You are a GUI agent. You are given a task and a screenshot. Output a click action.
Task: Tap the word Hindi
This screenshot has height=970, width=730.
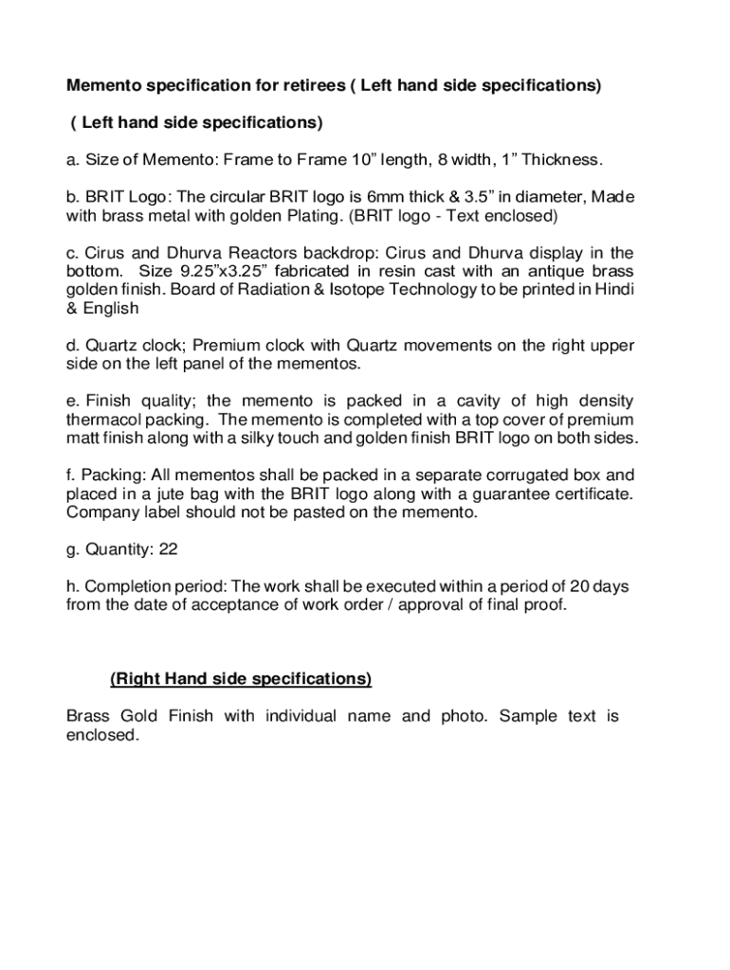tap(613, 290)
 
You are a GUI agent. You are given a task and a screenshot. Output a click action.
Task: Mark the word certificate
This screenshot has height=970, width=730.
tap(593, 494)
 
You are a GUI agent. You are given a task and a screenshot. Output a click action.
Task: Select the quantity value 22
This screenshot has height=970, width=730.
tap(168, 549)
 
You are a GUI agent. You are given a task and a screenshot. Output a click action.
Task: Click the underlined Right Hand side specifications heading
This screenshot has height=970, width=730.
tap(241, 679)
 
